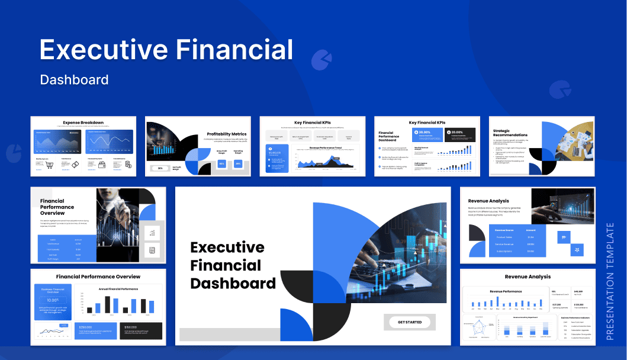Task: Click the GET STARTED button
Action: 410,322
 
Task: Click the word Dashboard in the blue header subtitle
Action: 74,79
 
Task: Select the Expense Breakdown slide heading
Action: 83,122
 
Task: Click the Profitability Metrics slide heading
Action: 227,134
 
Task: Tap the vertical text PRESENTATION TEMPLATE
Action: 610,281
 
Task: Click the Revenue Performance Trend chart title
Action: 325,147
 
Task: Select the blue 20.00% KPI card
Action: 427,134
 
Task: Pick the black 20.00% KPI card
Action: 460,134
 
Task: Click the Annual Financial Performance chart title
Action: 118,289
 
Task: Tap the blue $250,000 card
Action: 95,330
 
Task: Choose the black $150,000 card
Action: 140,330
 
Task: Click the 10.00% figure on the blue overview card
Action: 53,300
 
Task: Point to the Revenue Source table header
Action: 503,229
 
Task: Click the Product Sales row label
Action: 504,237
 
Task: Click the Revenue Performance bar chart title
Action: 506,291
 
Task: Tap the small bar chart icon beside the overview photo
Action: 152,234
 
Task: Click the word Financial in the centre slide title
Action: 226,265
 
